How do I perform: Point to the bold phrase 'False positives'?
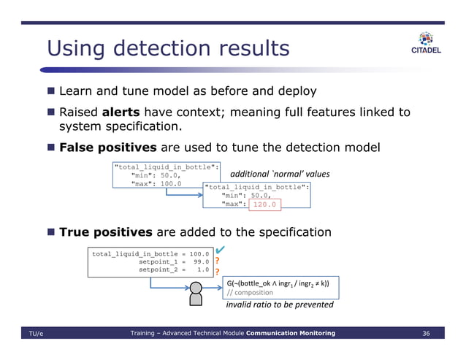(107, 147)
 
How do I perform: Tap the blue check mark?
(221, 250)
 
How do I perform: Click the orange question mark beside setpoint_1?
(217, 261)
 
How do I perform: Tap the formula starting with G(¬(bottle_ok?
(278, 283)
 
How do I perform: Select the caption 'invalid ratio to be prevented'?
(279, 305)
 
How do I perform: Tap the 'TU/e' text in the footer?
(37, 334)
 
